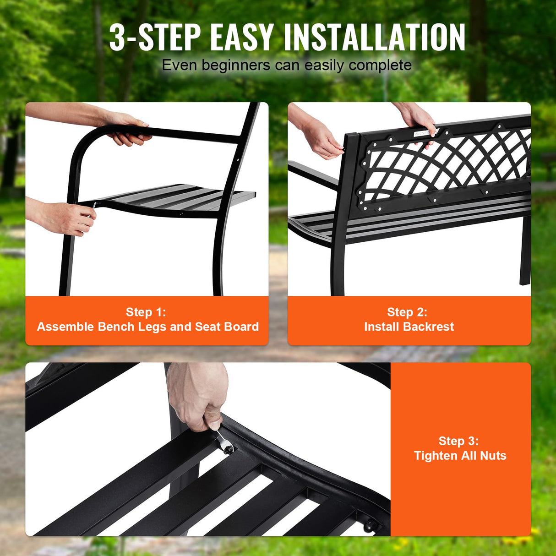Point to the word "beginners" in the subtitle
(236, 65)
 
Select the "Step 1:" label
(146, 312)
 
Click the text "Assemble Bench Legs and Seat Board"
(147, 327)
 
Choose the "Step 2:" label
(407, 312)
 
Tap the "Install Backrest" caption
(409, 327)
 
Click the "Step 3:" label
(458, 441)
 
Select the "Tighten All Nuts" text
(460, 455)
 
